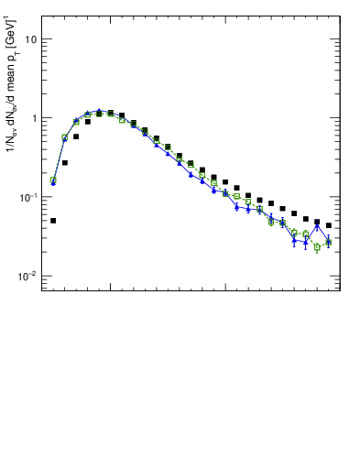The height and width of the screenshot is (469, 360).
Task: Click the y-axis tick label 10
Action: (x=31, y=39)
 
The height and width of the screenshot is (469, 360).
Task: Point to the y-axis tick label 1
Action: (x=34, y=118)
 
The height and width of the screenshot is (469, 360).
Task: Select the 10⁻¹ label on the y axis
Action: (x=28, y=197)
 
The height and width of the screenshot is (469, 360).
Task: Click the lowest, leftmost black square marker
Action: (x=53, y=221)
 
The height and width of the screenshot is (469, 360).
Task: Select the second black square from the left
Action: (x=64, y=162)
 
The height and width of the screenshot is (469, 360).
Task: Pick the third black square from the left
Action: (x=76, y=136)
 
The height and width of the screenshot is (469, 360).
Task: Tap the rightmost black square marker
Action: (x=328, y=225)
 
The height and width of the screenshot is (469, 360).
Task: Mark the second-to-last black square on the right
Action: (x=317, y=222)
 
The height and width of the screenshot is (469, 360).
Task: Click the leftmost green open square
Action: (x=53, y=180)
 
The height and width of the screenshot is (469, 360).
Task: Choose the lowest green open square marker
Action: (x=317, y=247)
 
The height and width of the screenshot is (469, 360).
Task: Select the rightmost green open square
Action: (x=328, y=242)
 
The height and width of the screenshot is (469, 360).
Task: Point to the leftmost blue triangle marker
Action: (x=53, y=183)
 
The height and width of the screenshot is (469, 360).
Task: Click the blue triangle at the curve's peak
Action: (x=99, y=111)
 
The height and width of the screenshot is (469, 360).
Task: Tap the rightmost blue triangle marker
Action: (x=328, y=242)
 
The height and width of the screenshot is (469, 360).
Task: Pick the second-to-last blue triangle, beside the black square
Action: (x=317, y=226)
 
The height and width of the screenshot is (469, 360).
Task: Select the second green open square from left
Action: (x=64, y=137)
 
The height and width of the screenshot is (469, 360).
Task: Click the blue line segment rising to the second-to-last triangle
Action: (x=311, y=234)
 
